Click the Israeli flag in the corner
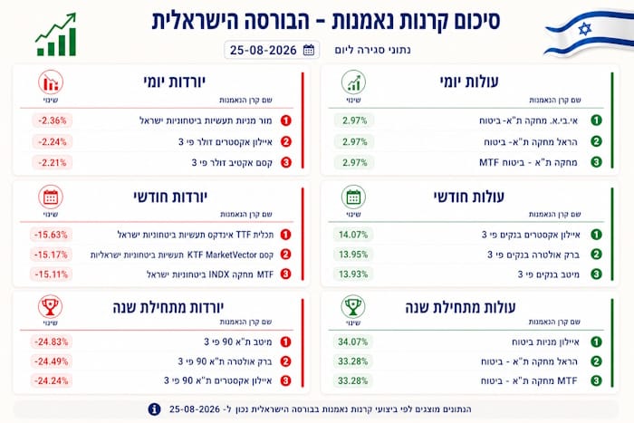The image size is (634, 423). [x=589, y=34]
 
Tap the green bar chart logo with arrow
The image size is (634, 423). [x=56, y=34]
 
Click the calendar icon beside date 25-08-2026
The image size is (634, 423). [x=309, y=50]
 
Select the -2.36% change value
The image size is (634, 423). [x=53, y=120]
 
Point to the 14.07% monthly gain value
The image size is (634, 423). [x=353, y=235]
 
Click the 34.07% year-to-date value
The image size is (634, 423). [x=353, y=341]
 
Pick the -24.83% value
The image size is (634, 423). [x=51, y=341]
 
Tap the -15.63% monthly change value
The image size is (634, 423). [x=51, y=235]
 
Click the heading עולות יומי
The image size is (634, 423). [x=469, y=82]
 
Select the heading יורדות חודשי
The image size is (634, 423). [x=170, y=197]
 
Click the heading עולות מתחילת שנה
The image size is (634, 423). [x=460, y=307]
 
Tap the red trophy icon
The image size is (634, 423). [x=50, y=307]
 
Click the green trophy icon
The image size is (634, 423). [x=353, y=307]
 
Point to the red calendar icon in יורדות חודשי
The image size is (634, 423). [x=51, y=197]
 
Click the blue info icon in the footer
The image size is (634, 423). [x=154, y=409]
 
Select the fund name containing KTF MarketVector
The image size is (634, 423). [x=182, y=255]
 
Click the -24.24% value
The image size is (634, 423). [x=51, y=381]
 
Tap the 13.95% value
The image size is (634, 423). [x=353, y=255]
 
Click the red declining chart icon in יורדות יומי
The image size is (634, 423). [x=51, y=82]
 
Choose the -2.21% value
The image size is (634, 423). [x=53, y=162]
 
